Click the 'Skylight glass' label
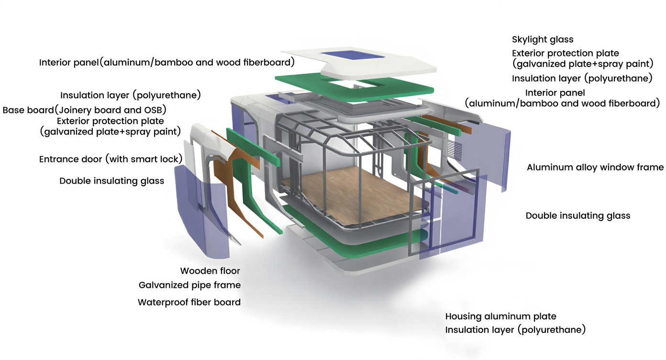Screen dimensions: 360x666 point(542,40)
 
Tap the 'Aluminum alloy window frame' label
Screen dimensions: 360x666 point(595,168)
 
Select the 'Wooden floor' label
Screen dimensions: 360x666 point(210,271)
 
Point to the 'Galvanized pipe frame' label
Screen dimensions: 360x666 point(189,285)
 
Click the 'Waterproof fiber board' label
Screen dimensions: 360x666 point(189,302)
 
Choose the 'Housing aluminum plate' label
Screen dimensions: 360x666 point(500,316)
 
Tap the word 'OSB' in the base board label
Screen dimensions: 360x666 point(154,110)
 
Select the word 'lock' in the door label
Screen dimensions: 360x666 point(170,159)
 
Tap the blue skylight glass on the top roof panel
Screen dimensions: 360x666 point(352,54)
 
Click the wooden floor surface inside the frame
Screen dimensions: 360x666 point(354,191)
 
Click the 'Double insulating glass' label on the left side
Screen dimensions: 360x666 point(111,181)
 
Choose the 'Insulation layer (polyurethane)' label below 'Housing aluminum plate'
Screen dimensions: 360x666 point(515,330)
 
